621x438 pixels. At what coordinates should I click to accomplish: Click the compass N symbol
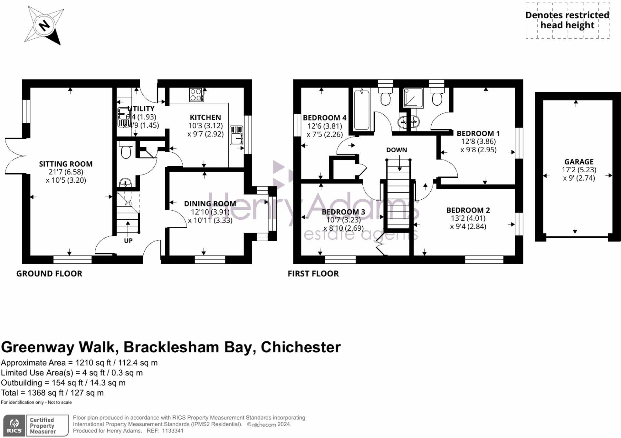pos(44,25)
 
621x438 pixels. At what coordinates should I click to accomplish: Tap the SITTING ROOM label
pos(66,164)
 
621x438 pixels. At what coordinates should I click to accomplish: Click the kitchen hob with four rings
pos(196,95)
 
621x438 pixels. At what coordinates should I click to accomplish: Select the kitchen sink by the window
pos(236,135)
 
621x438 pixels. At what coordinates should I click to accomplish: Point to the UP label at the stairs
pos(128,241)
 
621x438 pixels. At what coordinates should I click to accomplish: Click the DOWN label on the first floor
pos(396,150)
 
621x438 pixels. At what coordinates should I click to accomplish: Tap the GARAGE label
pos(578,162)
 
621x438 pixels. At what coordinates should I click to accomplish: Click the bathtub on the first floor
pos(361,110)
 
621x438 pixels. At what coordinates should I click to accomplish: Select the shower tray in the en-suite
pos(413,98)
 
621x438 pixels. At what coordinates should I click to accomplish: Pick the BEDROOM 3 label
pos(343,212)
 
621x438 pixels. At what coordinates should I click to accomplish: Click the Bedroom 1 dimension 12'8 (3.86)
pos(478,141)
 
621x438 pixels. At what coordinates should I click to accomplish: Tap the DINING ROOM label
pos(210,204)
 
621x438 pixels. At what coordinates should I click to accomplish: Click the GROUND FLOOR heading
pos(49,273)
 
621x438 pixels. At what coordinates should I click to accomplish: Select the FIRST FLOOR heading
pos(313,273)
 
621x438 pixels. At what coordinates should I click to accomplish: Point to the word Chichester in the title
pos(301,347)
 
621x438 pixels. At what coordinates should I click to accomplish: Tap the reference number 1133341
pos(173,431)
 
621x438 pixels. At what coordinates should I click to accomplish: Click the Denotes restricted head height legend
pos(567,20)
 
